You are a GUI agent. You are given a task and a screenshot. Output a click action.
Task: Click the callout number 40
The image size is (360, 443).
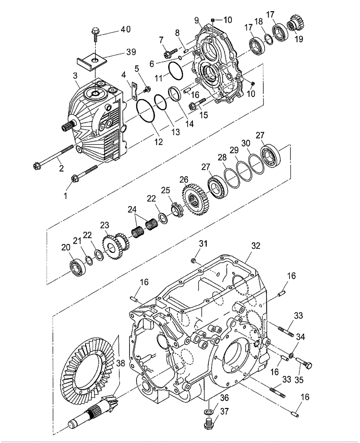click(x=125, y=30)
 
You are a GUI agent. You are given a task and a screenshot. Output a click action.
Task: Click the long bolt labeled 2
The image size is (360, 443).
click(x=53, y=158)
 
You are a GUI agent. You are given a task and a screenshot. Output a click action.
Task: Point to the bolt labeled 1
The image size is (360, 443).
click(x=84, y=174)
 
